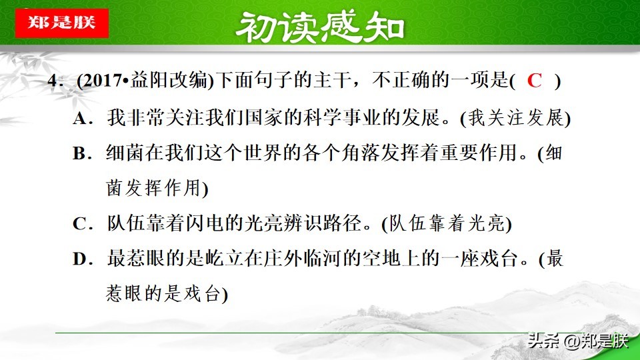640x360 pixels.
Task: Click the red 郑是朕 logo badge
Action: point(61,23)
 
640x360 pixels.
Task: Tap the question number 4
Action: point(53,82)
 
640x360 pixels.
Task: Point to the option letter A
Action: point(81,119)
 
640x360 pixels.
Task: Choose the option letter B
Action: point(81,154)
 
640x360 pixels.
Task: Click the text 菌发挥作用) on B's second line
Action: point(157,189)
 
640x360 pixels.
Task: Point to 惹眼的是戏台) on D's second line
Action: point(167,295)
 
